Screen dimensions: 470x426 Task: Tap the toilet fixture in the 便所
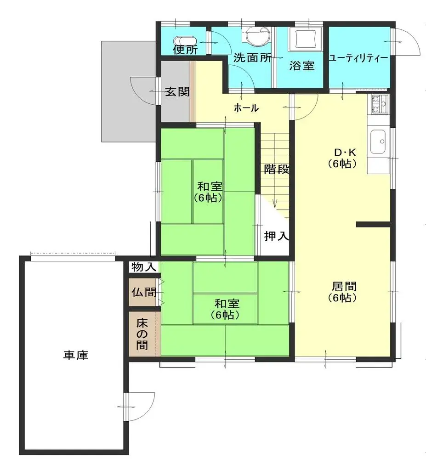coord(186,40)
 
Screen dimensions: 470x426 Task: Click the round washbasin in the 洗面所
coord(256,37)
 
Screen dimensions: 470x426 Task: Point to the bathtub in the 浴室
coord(304,39)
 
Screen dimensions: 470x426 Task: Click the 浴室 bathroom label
coord(301,66)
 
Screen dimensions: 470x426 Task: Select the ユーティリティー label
coord(358,58)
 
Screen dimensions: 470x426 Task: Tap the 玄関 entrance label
coord(177,91)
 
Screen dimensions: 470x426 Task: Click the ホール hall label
coord(246,108)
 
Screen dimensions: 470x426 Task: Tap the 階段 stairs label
coord(277,169)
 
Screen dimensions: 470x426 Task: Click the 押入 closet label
coord(276,236)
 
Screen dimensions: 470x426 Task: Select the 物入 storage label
coord(144,267)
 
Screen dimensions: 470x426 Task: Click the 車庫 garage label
coord(76,355)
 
